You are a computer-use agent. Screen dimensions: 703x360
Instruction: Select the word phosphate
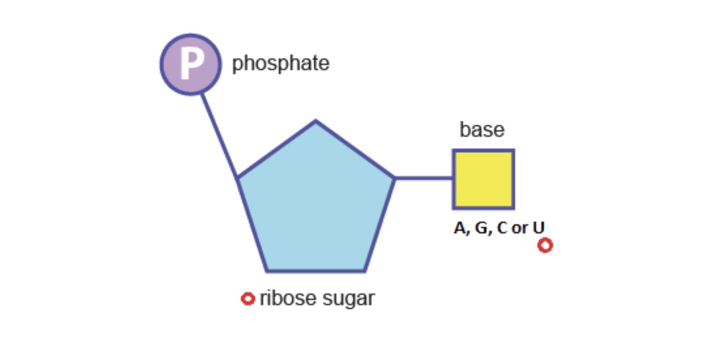pos(281,63)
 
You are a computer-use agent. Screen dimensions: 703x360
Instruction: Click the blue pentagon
pos(316,203)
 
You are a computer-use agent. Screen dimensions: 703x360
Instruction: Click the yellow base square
pos(483,179)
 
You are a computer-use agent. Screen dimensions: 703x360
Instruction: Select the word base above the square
pos(482,129)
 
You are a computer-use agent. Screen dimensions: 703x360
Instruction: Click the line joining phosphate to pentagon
pos(220,135)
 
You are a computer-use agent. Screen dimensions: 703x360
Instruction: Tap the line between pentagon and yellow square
pos(424,178)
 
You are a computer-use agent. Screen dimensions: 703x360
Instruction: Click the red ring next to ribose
pos(248,298)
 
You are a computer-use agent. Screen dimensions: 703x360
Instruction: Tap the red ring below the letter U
pos(545,245)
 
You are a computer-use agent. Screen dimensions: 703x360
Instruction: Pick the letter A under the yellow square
pos(461,228)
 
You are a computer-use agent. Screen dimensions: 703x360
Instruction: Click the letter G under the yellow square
pos(481,228)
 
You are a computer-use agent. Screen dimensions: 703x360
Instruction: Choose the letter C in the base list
pos(502,228)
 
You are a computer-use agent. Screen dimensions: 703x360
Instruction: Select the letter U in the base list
pos(539,228)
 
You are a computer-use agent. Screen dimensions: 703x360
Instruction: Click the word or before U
pos(520,229)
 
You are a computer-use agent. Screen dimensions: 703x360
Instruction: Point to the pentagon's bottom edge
pos(316,271)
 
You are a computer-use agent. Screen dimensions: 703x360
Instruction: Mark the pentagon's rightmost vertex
pos(394,178)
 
